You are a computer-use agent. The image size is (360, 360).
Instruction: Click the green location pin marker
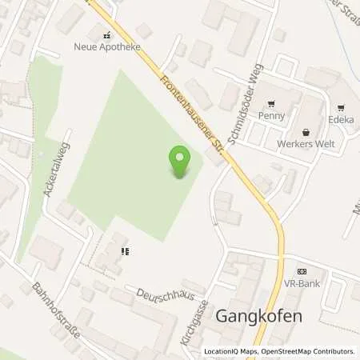179,162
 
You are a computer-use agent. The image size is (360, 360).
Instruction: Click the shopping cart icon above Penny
272,103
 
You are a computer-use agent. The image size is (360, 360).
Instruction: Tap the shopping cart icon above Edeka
342,107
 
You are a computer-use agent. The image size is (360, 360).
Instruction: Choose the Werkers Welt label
306,144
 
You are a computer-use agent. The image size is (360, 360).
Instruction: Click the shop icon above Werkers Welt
306,132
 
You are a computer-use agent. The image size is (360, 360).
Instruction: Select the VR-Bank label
301,284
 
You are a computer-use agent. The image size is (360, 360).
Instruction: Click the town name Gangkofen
259,316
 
